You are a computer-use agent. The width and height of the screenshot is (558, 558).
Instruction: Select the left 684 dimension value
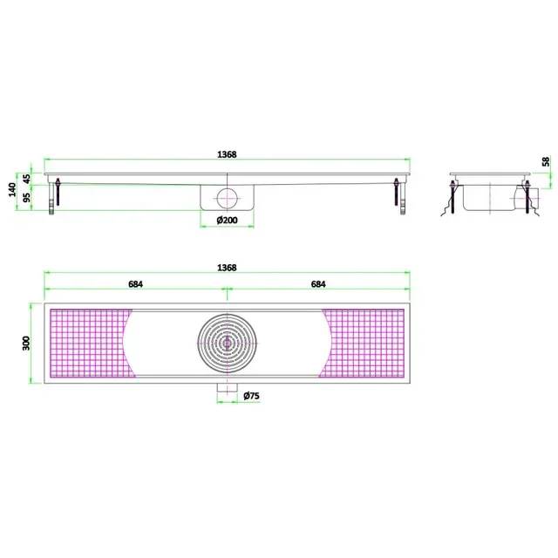pyautogui.click(x=135, y=284)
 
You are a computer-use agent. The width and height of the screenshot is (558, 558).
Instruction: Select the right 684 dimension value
pyautogui.click(x=319, y=284)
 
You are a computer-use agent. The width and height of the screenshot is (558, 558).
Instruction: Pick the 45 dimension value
pyautogui.click(x=27, y=177)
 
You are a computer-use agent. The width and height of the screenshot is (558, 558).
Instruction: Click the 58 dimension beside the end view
pyautogui.click(x=546, y=162)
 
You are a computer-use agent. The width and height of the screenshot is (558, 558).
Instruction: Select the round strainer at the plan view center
pyautogui.click(x=228, y=342)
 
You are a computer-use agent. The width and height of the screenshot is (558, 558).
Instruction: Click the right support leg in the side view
pyautogui.click(x=398, y=196)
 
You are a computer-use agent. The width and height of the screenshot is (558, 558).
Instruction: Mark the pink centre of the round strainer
pyautogui.click(x=228, y=342)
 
